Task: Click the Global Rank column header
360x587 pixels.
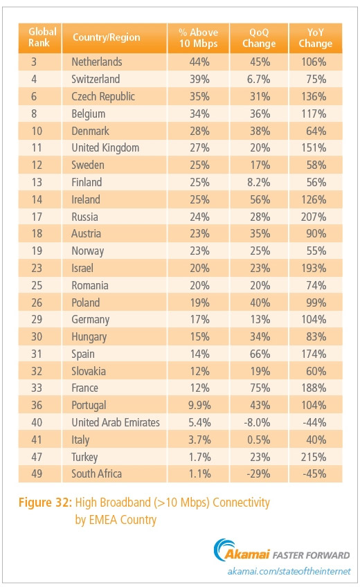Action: click(x=42, y=37)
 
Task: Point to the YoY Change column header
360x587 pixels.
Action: click(x=319, y=37)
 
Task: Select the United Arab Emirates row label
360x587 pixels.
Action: click(x=115, y=422)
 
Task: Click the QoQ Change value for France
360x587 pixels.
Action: click(x=262, y=388)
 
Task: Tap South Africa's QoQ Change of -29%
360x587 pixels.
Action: click(x=261, y=473)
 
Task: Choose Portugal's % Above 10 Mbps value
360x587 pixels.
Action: click(x=197, y=405)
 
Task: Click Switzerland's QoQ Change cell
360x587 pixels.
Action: click(x=261, y=79)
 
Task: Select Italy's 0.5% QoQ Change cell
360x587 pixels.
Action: click(x=261, y=440)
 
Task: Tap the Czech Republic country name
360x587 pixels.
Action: click(x=103, y=96)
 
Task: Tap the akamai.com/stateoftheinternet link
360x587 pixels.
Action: click(x=289, y=571)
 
